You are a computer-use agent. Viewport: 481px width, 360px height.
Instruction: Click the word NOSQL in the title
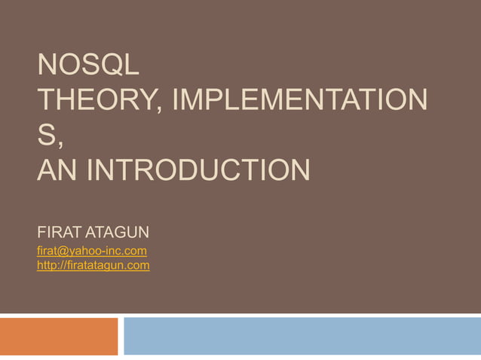pos(88,66)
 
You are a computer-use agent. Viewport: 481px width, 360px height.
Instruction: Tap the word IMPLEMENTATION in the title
pos(299,101)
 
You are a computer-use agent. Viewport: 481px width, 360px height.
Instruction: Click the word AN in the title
pos(59,169)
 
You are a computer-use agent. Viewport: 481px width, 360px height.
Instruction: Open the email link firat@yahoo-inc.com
pos(91,250)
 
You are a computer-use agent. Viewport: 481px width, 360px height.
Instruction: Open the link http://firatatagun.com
pos(93,265)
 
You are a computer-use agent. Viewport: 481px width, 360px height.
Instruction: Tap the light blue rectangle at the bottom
pos(302,336)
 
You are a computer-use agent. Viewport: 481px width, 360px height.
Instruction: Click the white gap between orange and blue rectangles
pos(121,336)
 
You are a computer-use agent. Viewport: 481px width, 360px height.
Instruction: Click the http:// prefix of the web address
pos(52,265)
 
